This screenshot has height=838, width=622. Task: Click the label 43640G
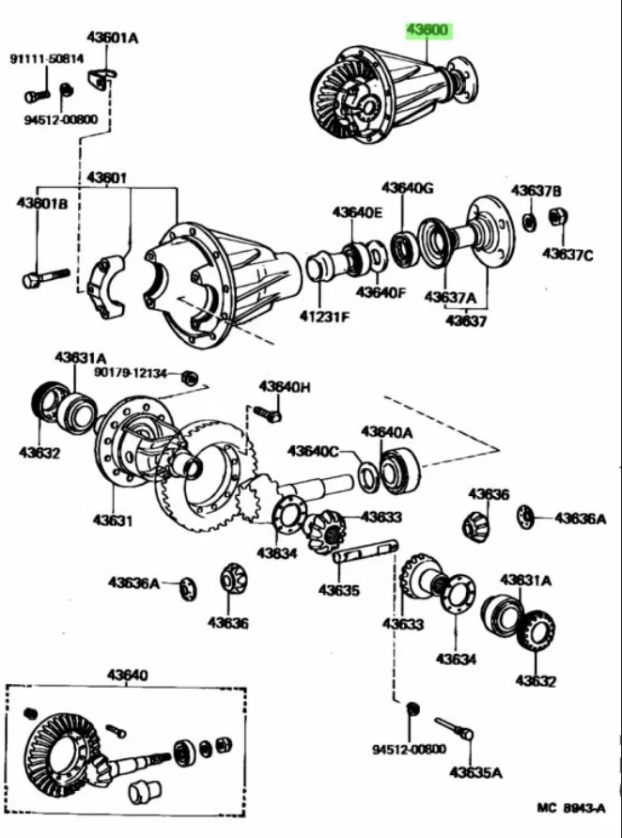[x=407, y=188]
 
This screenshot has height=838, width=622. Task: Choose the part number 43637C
[x=568, y=254]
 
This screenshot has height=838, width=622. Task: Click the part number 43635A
[x=475, y=772]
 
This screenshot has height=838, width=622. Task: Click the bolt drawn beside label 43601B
[x=43, y=278]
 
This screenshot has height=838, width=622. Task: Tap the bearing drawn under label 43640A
[x=399, y=469]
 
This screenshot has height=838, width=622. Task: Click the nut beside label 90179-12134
[x=189, y=378]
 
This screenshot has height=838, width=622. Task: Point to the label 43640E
[x=356, y=212]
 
